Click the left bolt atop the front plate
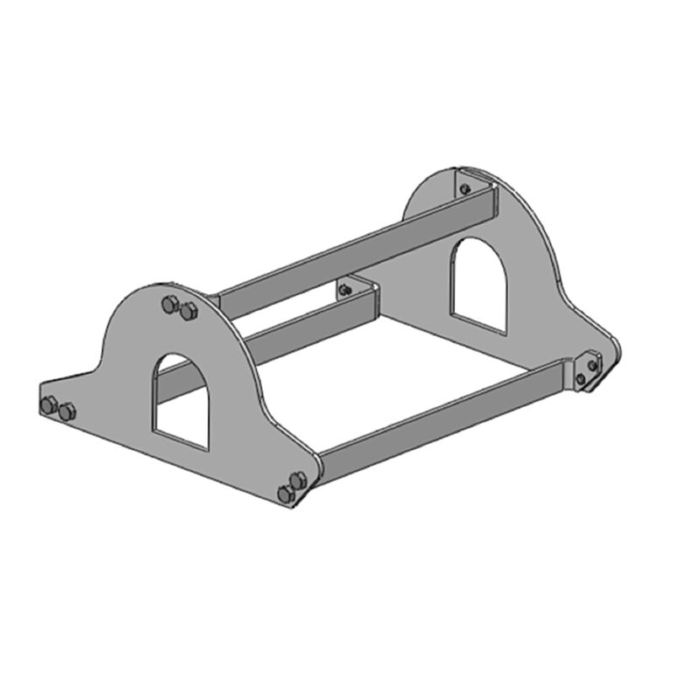169,305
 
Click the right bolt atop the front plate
187,312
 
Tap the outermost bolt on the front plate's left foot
50,405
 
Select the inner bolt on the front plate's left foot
67,412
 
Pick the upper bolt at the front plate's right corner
297,480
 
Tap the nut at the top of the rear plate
464,189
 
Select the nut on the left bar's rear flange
344,291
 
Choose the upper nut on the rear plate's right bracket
592,365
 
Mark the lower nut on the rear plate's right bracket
580,379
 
